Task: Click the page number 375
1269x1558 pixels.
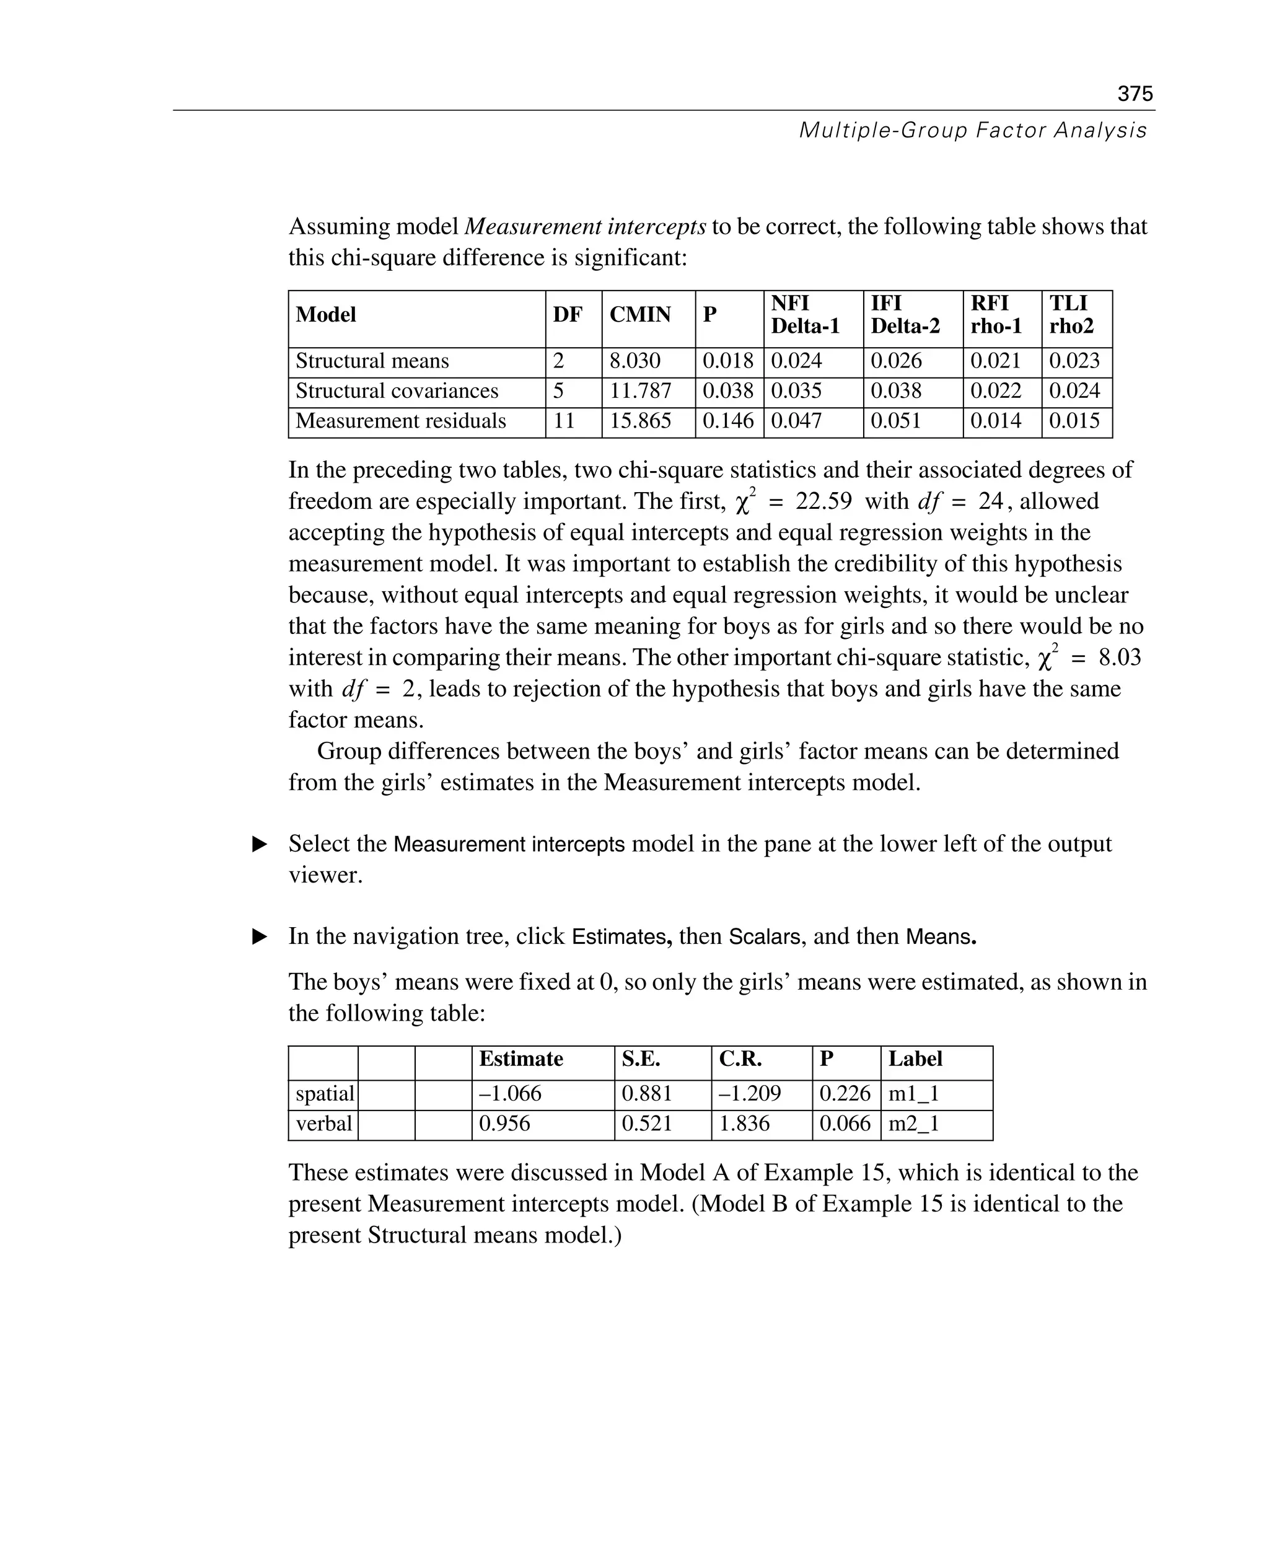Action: (1135, 94)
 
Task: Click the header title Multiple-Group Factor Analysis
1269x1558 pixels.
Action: (972, 130)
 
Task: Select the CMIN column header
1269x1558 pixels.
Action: (639, 314)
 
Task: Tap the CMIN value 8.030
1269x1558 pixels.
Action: (634, 361)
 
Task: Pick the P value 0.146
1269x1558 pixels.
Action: (727, 421)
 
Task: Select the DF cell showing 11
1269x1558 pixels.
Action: (564, 421)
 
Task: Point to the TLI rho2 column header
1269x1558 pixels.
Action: (1070, 314)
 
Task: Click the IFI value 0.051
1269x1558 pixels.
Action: (895, 421)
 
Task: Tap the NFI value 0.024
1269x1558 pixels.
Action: (796, 361)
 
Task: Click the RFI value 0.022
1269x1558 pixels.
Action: (995, 391)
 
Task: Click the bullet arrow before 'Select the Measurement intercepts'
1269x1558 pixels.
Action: (260, 845)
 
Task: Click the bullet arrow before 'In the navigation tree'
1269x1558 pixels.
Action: (260, 936)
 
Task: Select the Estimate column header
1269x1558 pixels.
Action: (520, 1058)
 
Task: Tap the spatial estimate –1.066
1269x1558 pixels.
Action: (509, 1094)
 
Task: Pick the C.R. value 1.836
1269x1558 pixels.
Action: (744, 1124)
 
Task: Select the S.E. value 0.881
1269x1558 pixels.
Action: (646, 1094)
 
